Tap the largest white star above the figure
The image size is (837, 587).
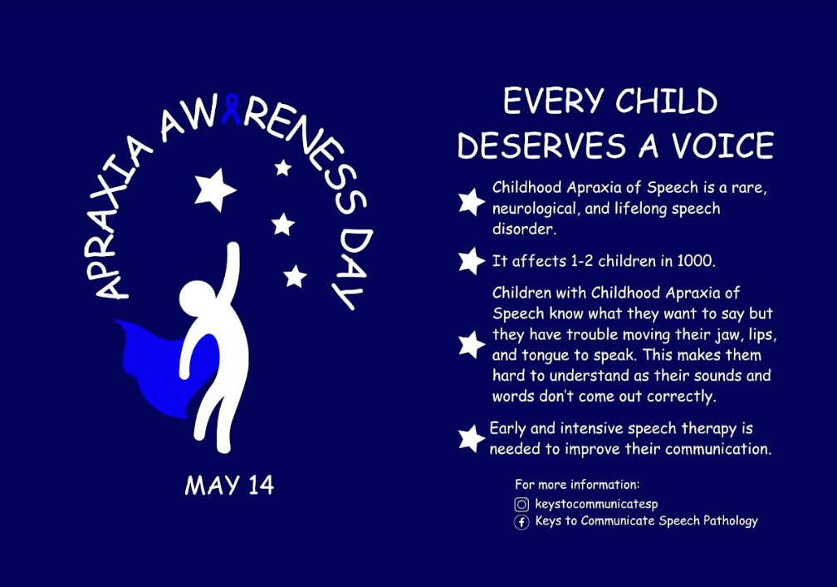(x=214, y=189)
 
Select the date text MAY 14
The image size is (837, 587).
(x=229, y=486)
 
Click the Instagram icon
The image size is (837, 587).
(x=521, y=504)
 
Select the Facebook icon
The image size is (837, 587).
(x=521, y=522)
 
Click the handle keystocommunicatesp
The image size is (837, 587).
(x=596, y=504)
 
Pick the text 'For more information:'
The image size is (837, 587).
(x=577, y=484)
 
